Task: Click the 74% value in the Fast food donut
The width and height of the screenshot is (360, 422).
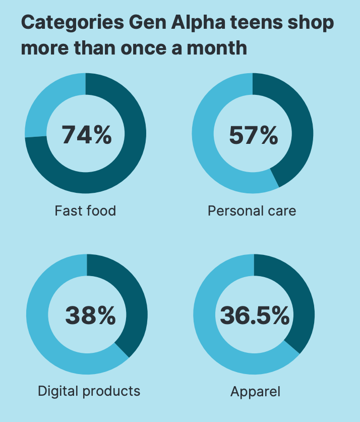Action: [x=86, y=135]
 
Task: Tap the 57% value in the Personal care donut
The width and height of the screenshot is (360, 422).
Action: [x=253, y=135]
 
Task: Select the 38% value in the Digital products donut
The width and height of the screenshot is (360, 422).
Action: [x=90, y=316]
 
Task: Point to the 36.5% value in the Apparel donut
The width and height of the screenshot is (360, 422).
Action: [x=254, y=316]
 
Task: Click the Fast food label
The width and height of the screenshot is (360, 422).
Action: [x=85, y=210]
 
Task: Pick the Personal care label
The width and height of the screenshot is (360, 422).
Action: [x=252, y=210]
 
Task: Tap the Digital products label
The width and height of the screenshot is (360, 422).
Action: [x=89, y=391]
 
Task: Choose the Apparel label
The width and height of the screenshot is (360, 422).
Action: [x=255, y=391]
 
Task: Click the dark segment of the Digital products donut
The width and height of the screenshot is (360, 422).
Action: [x=133, y=303]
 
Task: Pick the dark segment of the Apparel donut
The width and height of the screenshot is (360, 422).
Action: [x=300, y=303]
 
